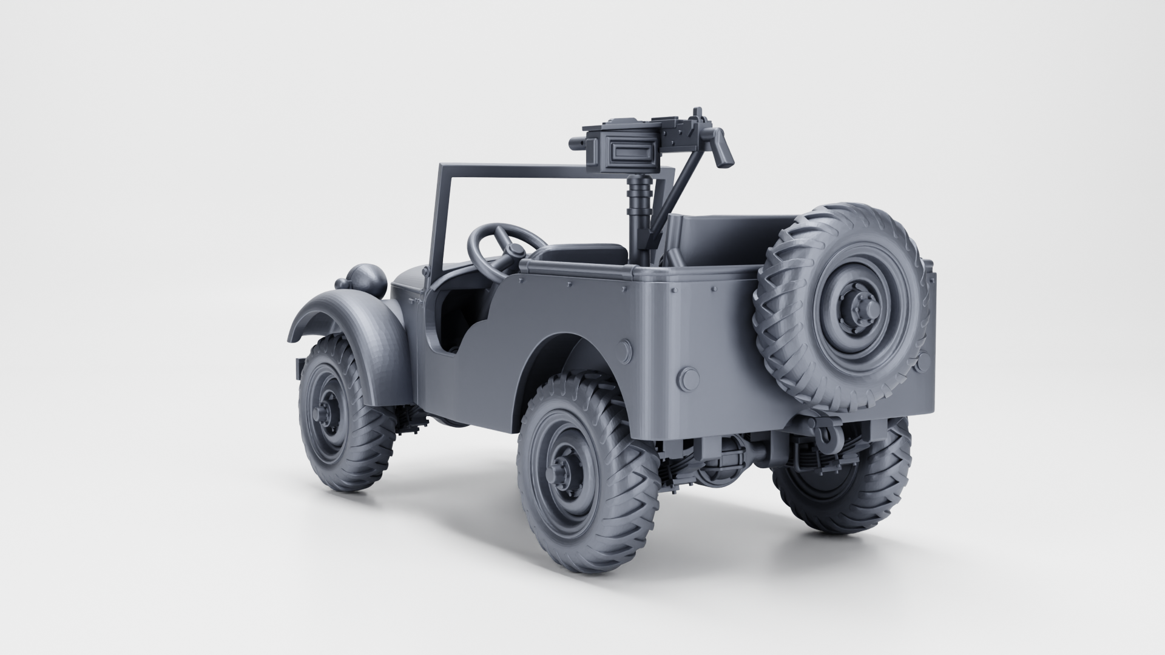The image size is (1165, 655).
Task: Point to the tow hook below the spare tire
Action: point(823,434)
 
